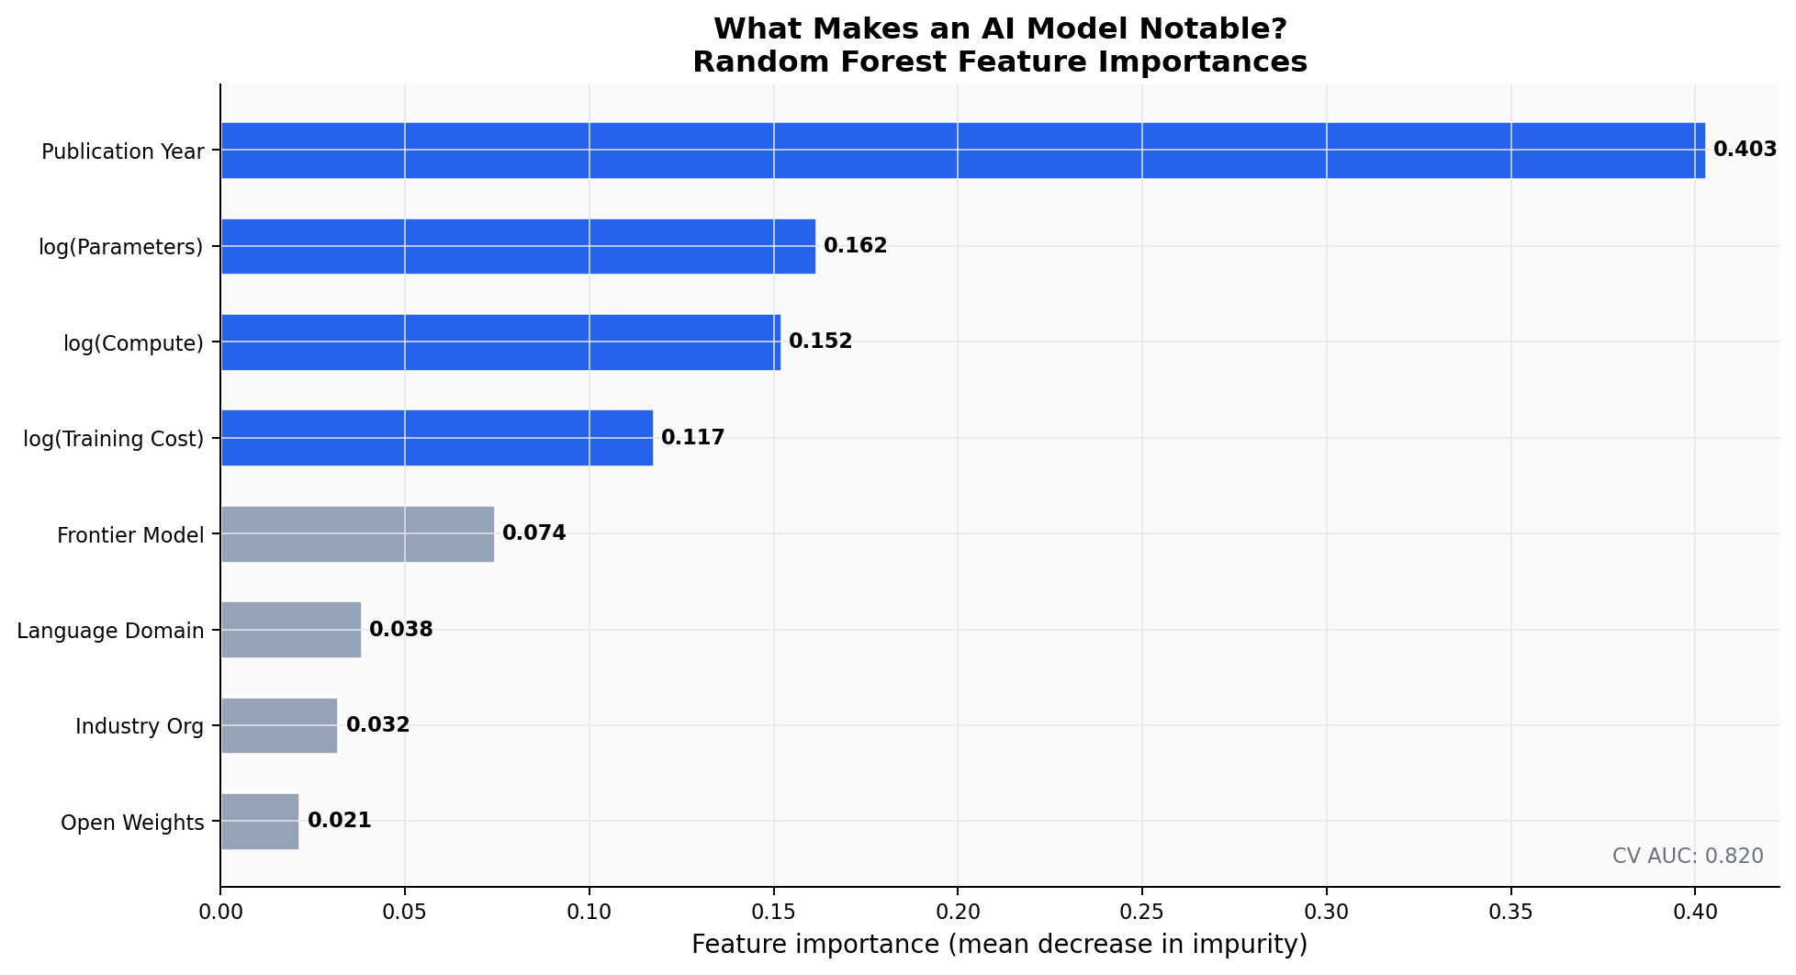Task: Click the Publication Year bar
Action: (x=962, y=151)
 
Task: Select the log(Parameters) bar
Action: (x=518, y=246)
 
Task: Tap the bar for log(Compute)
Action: (x=500, y=342)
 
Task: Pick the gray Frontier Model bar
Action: (x=357, y=534)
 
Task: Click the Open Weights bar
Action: (x=260, y=822)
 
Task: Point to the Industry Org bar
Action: (x=279, y=725)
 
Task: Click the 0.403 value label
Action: (x=1745, y=150)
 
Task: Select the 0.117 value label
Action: (x=692, y=438)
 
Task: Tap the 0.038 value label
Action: (x=400, y=630)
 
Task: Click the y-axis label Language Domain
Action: (x=110, y=631)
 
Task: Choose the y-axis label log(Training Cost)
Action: (x=113, y=439)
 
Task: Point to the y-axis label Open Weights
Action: (x=132, y=823)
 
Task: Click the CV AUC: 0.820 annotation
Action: (x=1687, y=857)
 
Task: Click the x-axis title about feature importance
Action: (x=999, y=945)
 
